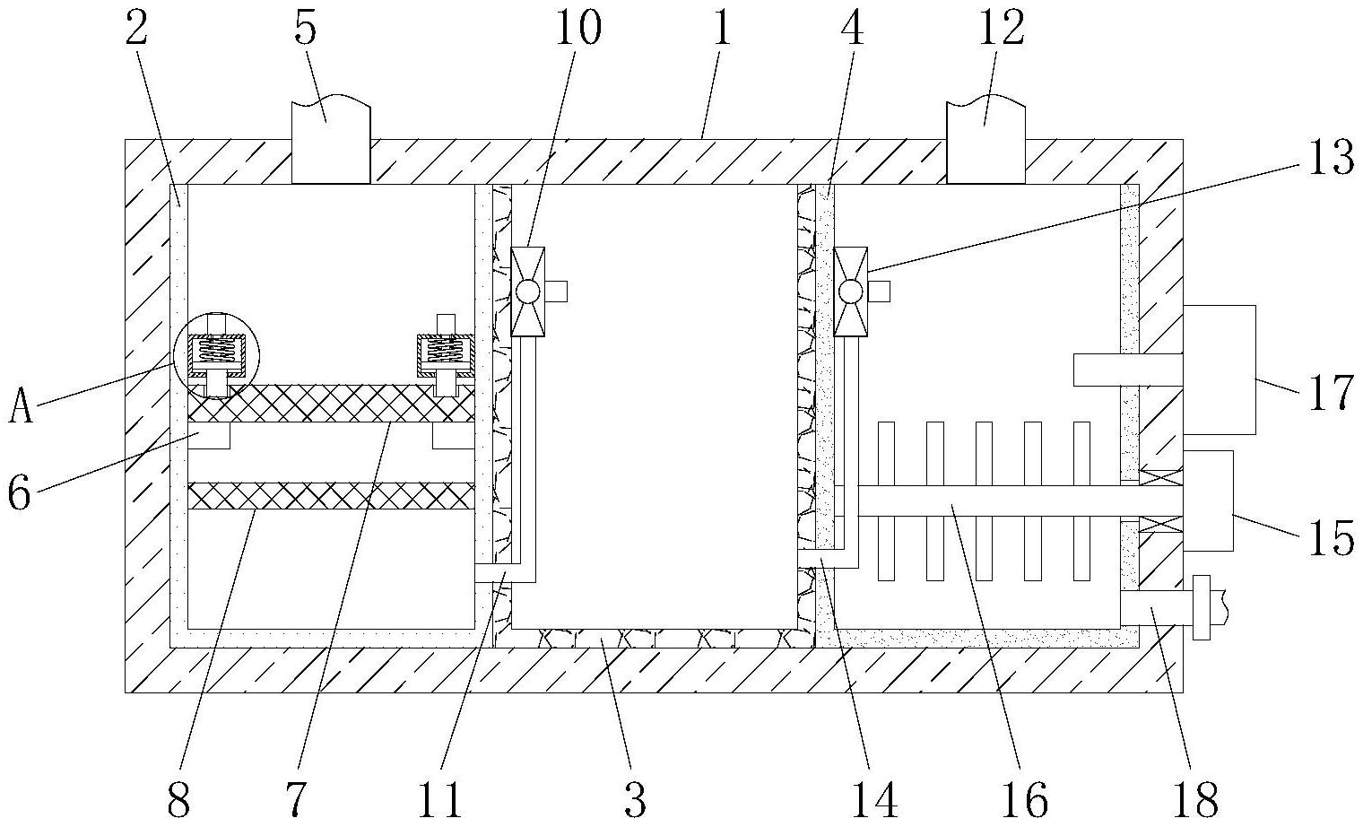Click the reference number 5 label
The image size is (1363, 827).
[306, 30]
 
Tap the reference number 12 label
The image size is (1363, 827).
[1002, 30]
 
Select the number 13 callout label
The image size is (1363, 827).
[1332, 157]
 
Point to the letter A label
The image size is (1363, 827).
[22, 406]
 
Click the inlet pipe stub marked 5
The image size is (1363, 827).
[331, 139]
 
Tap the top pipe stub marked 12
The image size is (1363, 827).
[985, 139]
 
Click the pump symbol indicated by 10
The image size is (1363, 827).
[527, 292]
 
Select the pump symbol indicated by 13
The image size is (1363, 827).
[851, 292]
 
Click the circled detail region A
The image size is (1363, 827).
[217, 355]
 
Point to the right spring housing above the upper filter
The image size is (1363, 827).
[446, 355]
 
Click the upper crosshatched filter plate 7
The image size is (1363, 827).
[331, 403]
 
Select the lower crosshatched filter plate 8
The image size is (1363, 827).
[331, 496]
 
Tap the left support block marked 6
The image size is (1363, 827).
[209, 436]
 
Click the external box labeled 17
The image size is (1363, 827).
[1220, 370]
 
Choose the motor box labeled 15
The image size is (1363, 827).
[1209, 501]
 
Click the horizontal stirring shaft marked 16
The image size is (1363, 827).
[1010, 501]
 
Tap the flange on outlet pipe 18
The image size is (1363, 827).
[1202, 607]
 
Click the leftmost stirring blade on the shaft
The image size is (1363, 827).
[887, 501]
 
